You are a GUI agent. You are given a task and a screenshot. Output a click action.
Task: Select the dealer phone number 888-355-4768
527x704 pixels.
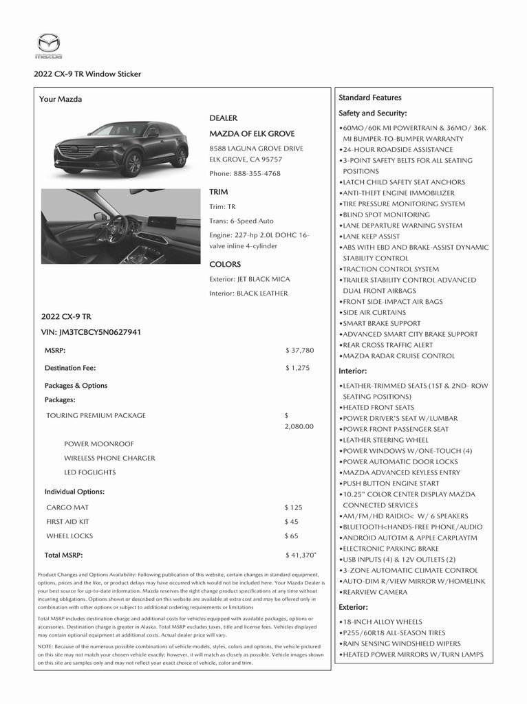[245, 173]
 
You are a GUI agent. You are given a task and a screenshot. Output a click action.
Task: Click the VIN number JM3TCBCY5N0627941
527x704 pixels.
[91, 332]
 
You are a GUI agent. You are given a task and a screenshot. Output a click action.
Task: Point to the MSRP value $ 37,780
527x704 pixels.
[299, 350]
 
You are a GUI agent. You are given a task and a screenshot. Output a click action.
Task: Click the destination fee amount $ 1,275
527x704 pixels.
[297, 368]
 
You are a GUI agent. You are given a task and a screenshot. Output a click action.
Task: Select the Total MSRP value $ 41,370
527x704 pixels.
[301, 555]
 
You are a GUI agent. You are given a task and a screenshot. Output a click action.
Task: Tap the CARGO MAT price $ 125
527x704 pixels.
[293, 507]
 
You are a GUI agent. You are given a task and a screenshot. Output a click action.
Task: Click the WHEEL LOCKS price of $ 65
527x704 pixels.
[291, 536]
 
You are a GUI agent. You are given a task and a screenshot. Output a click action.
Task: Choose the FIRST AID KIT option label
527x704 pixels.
[67, 522]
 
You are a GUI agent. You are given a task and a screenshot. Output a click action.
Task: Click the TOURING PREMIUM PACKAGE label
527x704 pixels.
[96, 415]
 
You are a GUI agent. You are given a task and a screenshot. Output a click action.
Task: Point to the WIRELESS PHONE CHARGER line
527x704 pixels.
[109, 458]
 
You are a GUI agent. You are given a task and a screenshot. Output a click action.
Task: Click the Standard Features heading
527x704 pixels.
[369, 98]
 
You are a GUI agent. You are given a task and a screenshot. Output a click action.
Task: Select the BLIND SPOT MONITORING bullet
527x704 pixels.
[386, 214]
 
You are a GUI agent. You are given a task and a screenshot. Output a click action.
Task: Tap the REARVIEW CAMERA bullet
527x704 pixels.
[375, 592]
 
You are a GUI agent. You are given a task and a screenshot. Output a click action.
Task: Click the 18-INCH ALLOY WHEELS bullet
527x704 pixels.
[382, 621]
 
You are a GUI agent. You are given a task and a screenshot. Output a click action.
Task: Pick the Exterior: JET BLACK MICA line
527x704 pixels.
[249, 279]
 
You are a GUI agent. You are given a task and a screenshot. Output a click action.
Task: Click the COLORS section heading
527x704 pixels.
[225, 264]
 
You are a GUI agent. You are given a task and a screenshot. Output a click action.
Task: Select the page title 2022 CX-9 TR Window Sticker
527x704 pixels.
[87, 74]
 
